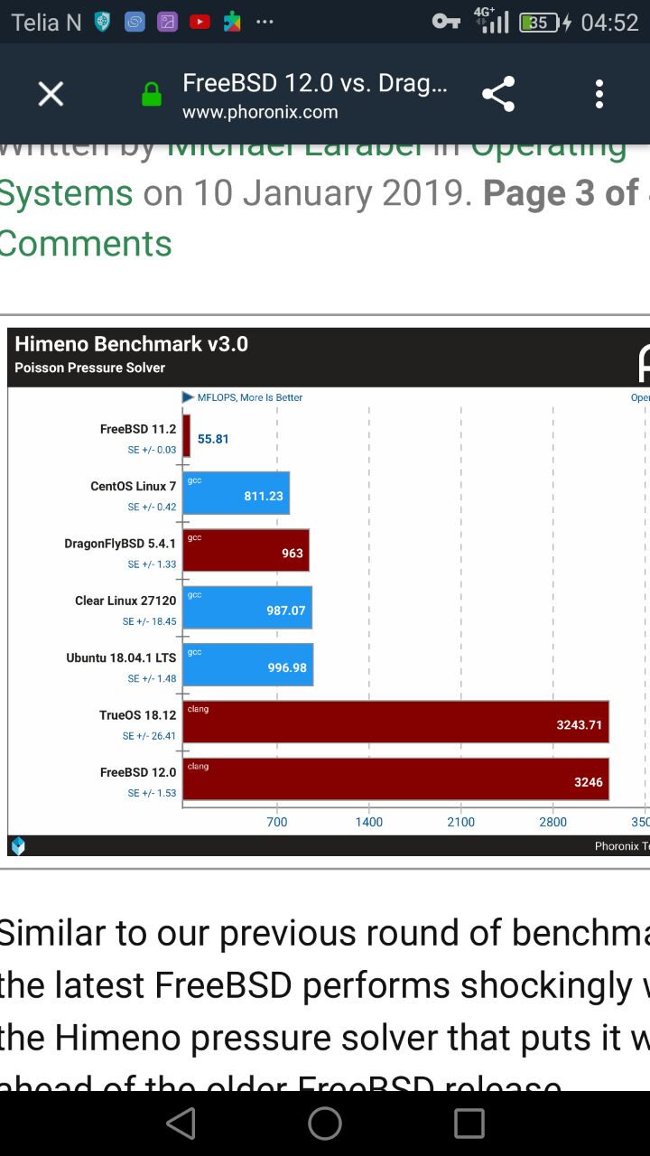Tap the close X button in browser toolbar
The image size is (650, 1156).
pos(51,94)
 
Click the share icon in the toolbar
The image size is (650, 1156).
pos(498,94)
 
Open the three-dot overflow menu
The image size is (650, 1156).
pos(599,94)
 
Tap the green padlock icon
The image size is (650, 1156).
pos(152,94)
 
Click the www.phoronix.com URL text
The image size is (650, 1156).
pos(260,113)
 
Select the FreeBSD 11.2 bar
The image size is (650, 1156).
pos(187,436)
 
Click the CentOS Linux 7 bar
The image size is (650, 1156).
pos(237,493)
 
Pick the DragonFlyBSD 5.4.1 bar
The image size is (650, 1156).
pos(246,550)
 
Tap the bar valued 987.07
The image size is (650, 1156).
pos(247,607)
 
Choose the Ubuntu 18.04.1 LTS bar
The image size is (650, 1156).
pos(248,665)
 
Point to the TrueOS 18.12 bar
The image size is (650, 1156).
pos(395,722)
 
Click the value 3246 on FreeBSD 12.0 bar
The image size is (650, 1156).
pos(588,782)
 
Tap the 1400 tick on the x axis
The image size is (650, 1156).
pos(369,822)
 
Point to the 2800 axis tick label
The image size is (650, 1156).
pos(553,822)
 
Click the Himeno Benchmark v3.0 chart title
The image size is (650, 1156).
pos(131,344)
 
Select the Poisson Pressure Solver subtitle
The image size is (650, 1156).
pos(90,368)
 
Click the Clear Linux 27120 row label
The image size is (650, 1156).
pos(125,601)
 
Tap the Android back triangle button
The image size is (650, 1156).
pos(181,1123)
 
